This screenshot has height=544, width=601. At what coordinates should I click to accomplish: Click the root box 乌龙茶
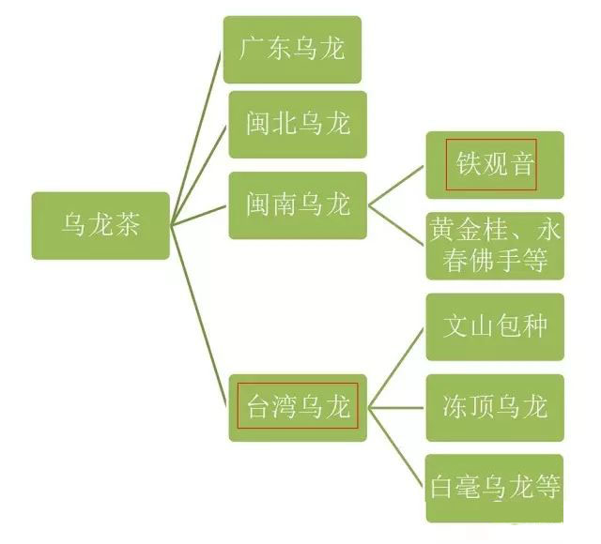pos(100,226)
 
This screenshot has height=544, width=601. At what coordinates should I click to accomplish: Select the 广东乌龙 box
pos(292,50)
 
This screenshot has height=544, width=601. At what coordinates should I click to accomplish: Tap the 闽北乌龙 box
pos(298,125)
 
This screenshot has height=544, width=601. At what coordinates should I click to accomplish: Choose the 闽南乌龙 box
pos(298,205)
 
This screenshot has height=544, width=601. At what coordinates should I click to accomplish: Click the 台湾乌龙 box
pos(298,408)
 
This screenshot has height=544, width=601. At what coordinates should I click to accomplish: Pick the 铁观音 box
pos(495,165)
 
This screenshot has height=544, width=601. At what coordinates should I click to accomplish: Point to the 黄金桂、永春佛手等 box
pos(495,246)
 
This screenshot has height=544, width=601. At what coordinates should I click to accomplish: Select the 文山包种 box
pos(495,327)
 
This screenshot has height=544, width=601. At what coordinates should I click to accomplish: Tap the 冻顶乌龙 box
pos(495,408)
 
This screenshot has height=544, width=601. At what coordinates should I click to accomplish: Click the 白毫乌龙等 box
pos(495,489)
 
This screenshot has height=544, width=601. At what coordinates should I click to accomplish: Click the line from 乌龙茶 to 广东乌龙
pos(196,138)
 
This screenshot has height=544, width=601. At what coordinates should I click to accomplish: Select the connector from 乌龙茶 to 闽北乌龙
pos(199,175)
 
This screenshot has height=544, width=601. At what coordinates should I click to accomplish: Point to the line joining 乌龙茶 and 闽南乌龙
pos(199,216)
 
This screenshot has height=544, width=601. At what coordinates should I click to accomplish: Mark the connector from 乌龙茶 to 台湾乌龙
pos(199,317)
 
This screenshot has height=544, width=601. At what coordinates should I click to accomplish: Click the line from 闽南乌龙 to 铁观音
pos(396,186)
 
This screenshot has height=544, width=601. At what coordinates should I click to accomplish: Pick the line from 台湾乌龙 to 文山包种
pos(396,368)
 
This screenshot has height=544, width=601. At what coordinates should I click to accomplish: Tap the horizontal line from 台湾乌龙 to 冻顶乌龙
pos(396,408)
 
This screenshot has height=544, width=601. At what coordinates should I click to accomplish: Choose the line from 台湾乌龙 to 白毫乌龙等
pos(396,448)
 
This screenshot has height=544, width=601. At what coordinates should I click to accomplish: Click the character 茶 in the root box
pos(128,224)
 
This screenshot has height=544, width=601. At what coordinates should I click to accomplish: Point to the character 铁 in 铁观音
pos(468,163)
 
